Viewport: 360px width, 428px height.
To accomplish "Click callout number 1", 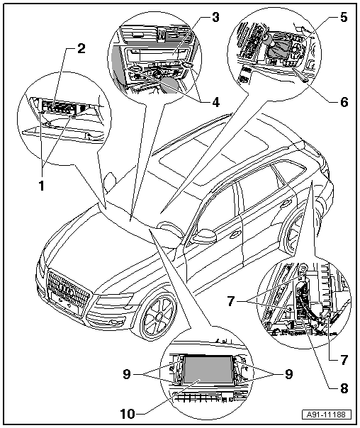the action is tap(42, 186).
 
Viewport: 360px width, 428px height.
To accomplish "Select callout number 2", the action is tap(81, 49).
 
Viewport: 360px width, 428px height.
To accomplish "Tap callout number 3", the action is tap(215, 17).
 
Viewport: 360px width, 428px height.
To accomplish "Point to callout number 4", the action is tap(215, 102).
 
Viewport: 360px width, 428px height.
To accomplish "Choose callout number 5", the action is tap(344, 17).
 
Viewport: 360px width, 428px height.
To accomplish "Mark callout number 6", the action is tap(344, 102).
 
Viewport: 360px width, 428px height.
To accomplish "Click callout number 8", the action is tap(344, 388).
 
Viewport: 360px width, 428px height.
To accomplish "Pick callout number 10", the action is tap(128, 415).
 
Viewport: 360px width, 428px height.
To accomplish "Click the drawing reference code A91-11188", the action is tap(327, 415).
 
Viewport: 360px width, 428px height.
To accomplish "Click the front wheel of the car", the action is tap(159, 316).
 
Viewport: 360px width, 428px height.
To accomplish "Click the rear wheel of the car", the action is tap(294, 235).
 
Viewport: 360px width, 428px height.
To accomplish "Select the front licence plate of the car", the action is tap(64, 305).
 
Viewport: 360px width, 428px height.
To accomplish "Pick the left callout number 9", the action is tap(127, 374).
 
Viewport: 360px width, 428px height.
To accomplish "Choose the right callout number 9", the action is tap(288, 374).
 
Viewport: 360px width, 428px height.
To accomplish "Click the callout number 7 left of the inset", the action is tap(231, 302).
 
